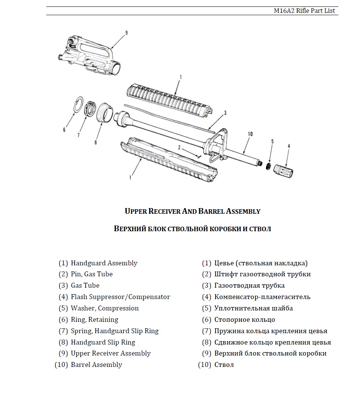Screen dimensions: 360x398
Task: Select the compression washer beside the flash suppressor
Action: (268, 167)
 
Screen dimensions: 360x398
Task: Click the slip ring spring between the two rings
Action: (90, 109)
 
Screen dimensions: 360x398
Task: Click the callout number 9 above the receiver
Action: (126, 33)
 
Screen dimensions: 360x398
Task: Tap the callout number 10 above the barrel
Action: (250, 134)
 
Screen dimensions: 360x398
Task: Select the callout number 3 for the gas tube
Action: (225, 113)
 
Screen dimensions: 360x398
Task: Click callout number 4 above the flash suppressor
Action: (289, 146)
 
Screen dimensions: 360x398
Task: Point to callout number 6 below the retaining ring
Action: (64, 130)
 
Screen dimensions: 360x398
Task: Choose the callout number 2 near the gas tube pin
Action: (179, 147)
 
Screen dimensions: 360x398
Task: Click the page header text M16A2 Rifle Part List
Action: (304, 11)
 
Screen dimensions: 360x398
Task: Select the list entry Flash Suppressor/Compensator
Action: (120, 297)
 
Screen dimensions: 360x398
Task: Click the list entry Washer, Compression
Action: (105, 308)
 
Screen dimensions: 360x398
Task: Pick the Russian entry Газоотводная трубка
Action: (249, 285)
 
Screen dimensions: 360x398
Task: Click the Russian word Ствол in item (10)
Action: (224, 365)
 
